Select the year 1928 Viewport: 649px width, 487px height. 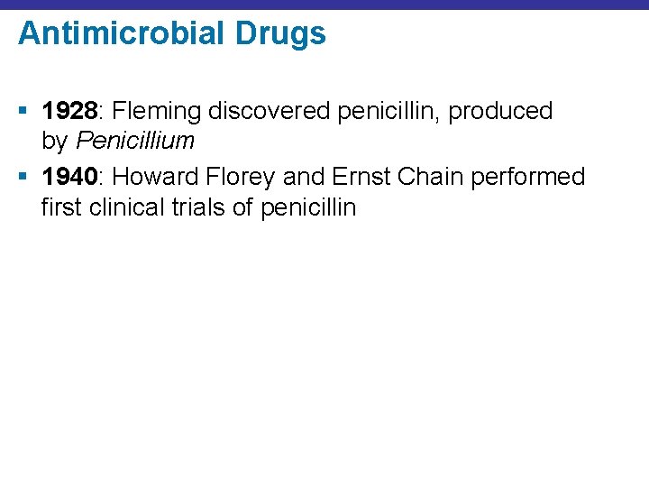pyautogui.click(x=69, y=112)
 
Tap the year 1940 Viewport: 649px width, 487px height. pyautogui.click(x=69, y=177)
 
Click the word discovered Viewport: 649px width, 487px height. pyautogui.click(x=267, y=112)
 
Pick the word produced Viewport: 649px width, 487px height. pyautogui.click(x=500, y=112)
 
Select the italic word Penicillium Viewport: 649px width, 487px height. pyautogui.click(x=135, y=142)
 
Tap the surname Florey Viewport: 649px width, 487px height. pyautogui.click(x=244, y=177)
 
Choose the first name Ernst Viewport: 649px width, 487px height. pyautogui.click(x=365, y=177)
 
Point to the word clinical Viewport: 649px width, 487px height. pyautogui.click(x=116, y=207)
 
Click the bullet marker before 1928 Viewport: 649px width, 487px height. pyautogui.click(x=23, y=112)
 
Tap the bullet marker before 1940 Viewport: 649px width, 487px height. pyautogui.click(x=23, y=177)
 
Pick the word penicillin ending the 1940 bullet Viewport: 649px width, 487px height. pyautogui.click(x=307, y=207)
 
